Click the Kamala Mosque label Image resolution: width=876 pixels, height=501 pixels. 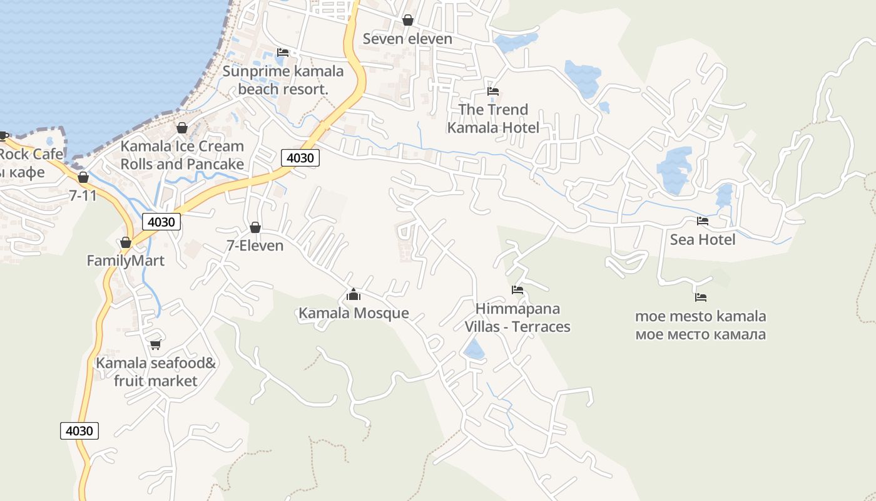[354, 313]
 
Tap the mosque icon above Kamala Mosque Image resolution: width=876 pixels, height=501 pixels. [354, 294]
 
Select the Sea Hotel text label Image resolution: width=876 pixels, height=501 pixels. [703, 240]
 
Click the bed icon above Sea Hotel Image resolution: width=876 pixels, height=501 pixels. [703, 220]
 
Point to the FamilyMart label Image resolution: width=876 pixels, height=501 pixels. [125, 261]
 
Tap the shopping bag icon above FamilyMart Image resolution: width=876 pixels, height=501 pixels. [126, 242]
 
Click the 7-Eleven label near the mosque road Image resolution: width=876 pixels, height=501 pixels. [255, 245]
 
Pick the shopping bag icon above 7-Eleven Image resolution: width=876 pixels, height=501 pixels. [255, 227]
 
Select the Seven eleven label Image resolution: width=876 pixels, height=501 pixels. [407, 39]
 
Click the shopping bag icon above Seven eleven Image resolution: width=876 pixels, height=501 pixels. [408, 20]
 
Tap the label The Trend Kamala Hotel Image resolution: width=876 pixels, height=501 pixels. [493, 118]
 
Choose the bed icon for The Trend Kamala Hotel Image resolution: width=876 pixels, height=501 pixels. [493, 91]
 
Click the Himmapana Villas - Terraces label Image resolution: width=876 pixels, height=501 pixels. [517, 318]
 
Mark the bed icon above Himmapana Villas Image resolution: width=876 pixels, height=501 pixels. [517, 289]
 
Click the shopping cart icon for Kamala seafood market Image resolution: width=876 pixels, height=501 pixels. [156, 344]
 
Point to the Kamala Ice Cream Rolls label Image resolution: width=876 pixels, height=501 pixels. [182, 155]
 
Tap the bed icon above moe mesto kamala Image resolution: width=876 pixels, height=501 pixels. [701, 297]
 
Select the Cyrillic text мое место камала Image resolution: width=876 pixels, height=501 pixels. [700, 334]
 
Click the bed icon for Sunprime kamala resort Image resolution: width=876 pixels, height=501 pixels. [283, 53]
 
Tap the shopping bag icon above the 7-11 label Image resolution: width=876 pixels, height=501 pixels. [83, 177]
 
